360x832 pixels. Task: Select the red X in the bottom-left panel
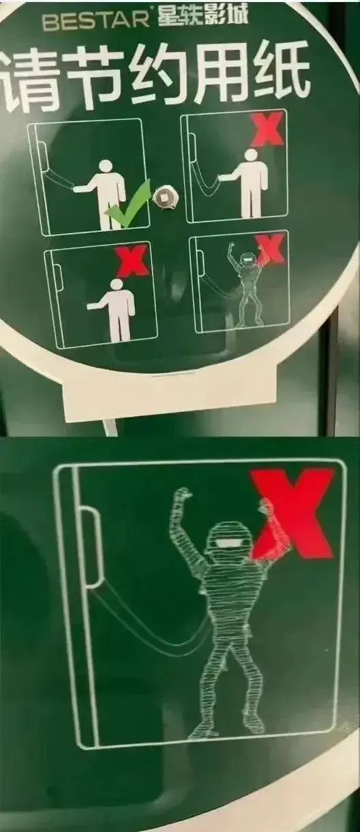coord(132,259)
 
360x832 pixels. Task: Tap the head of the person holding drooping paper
coord(252,155)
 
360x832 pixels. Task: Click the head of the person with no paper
coord(117,285)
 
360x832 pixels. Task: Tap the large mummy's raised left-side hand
coord(183,494)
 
